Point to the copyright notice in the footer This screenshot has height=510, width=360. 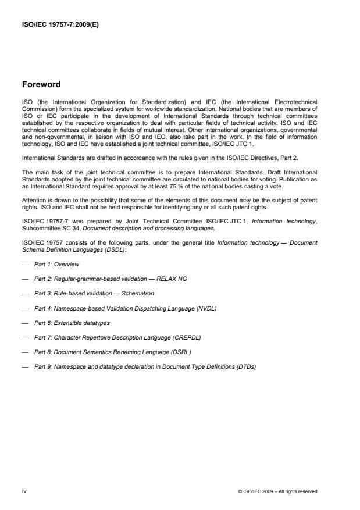point(278,491)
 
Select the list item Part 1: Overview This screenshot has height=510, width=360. point(56,264)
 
